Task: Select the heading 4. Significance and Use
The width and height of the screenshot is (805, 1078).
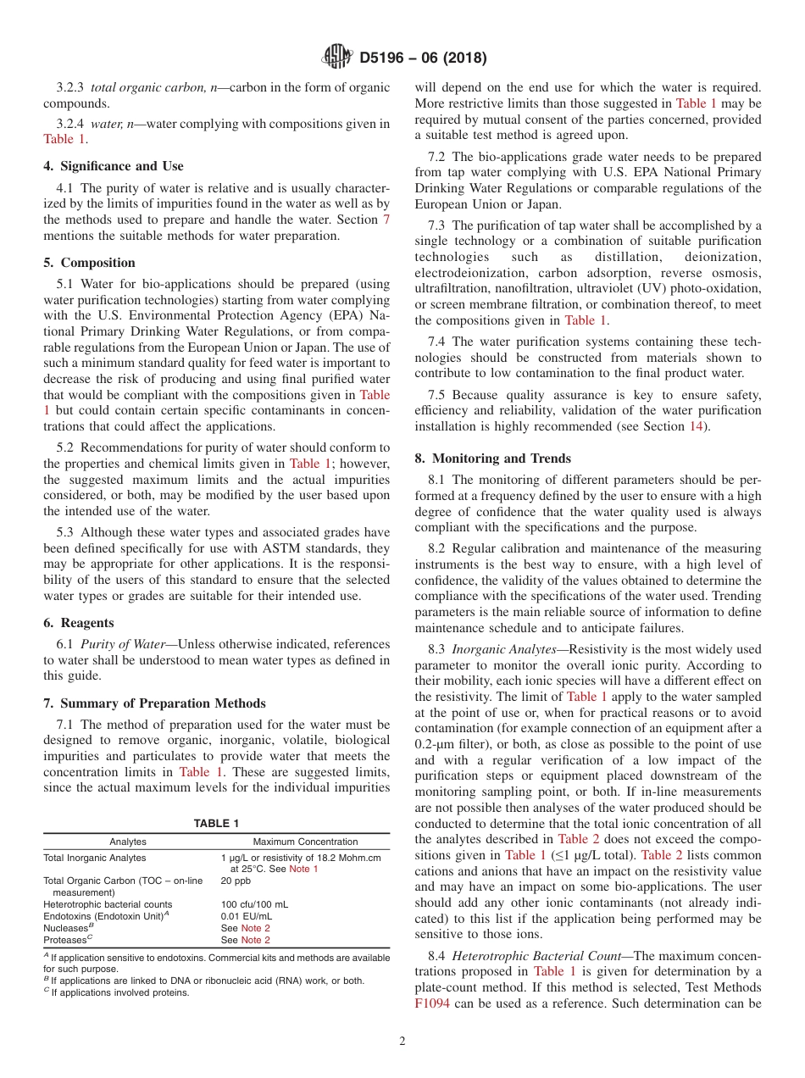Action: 114,166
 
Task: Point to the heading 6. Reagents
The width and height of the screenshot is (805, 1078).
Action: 79,623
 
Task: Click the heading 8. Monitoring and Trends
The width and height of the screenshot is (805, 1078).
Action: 492,458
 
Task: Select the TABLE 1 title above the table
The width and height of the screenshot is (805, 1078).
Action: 216,823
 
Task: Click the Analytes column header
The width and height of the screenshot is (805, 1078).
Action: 128,842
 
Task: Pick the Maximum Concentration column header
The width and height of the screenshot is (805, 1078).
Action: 305,842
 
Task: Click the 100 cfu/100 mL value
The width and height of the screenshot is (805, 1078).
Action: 254,904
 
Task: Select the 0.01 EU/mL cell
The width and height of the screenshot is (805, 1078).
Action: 247,916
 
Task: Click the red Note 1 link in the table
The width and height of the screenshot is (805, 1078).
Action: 303,869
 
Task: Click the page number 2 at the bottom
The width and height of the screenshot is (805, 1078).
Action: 402,1042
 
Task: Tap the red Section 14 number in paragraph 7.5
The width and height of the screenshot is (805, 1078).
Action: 696,426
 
